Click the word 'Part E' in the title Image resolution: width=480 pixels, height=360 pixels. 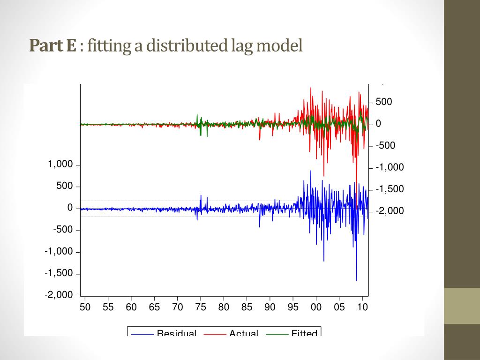tap(52, 46)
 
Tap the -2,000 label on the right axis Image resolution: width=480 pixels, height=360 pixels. tap(390, 211)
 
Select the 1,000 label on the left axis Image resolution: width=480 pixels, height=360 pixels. tap(60, 165)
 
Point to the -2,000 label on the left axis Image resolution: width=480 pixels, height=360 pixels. tap(59, 295)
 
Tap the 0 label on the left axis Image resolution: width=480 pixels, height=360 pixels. tap(70, 208)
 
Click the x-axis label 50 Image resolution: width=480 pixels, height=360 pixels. tap(85, 307)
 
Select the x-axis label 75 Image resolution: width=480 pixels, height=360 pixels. tap(201, 307)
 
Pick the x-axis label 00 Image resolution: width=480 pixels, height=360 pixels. tap(316, 307)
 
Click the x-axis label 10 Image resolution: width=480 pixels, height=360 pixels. tap(362, 307)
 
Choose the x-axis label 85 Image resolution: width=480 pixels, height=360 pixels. tap(247, 307)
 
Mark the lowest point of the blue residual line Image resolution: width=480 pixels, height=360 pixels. tap(357, 281)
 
